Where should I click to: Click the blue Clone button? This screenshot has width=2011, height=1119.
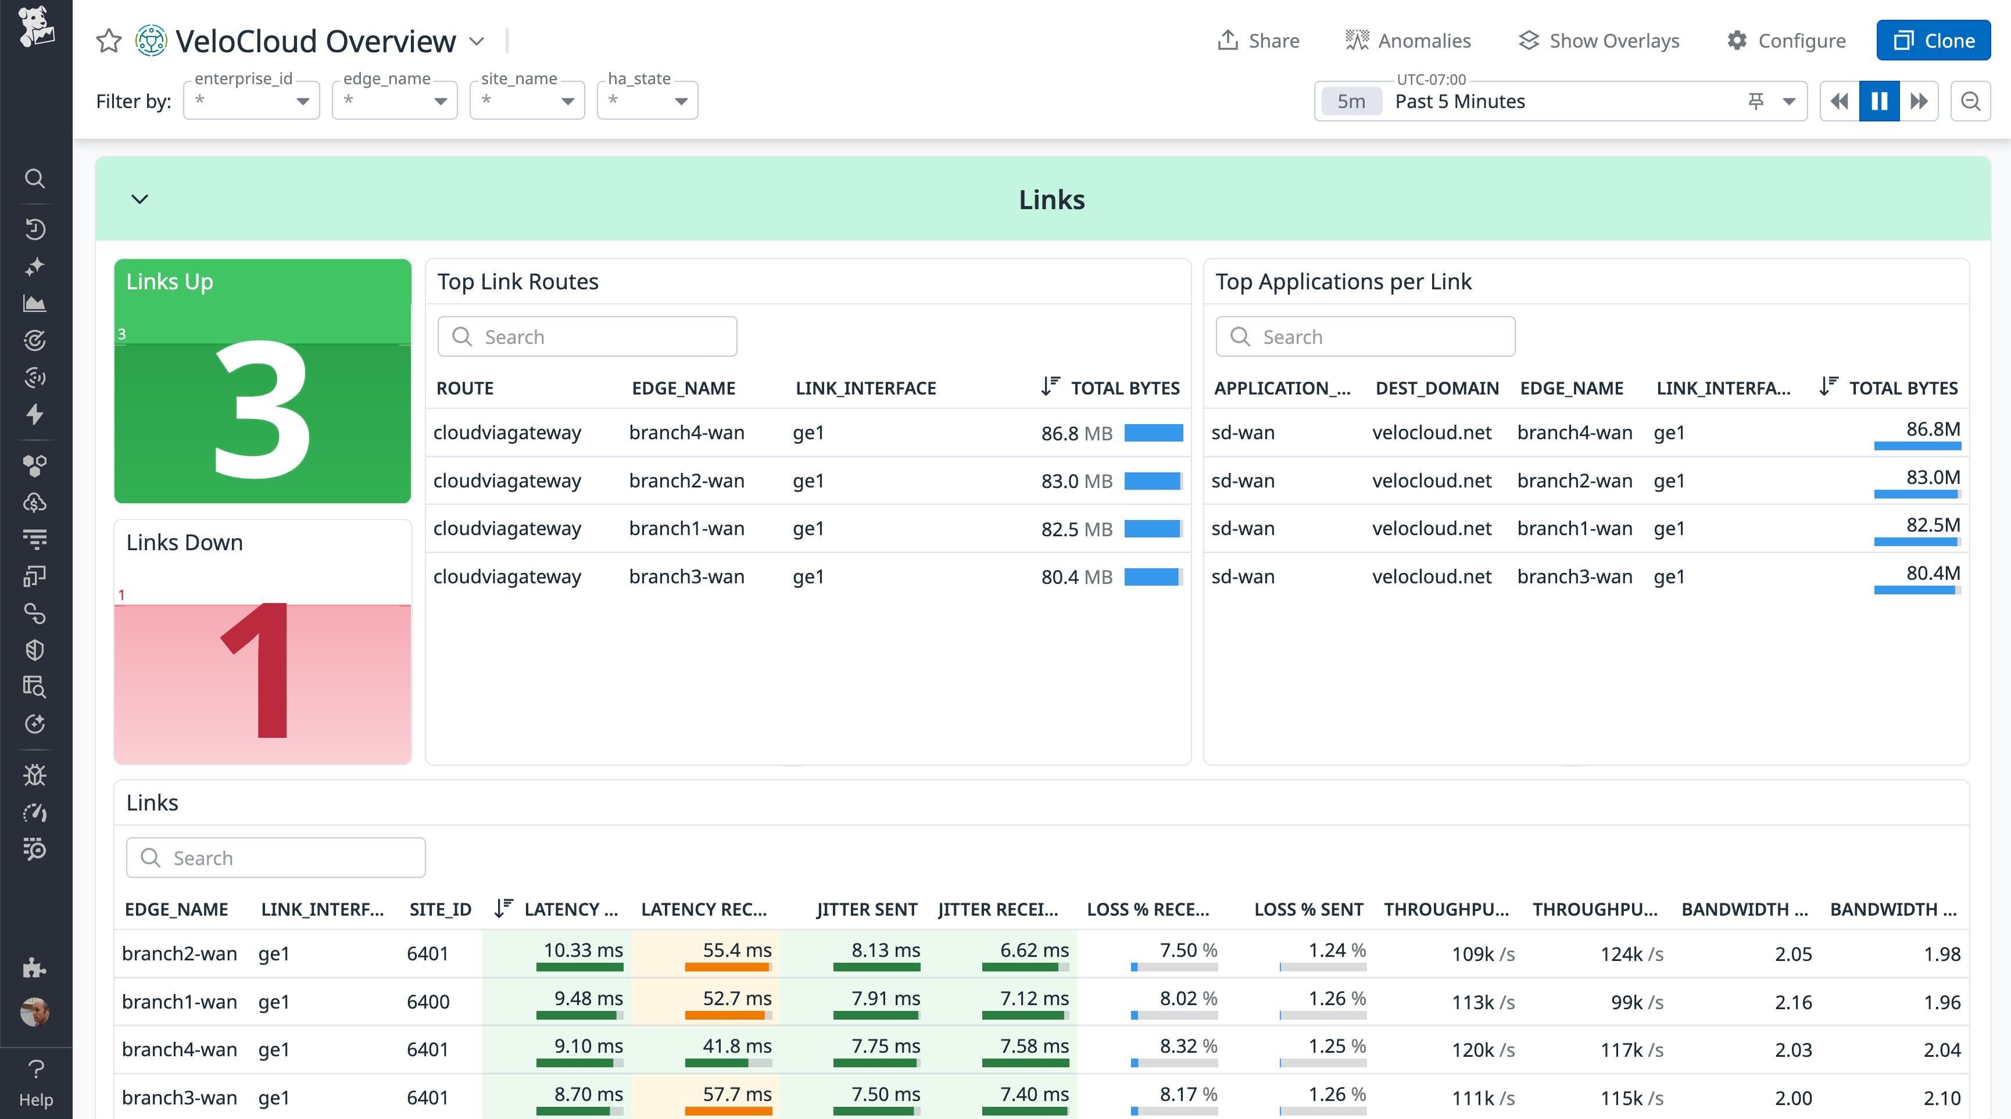pyautogui.click(x=1933, y=41)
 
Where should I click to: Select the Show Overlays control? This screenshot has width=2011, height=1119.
pyautogui.click(x=1599, y=41)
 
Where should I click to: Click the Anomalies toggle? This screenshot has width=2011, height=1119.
pyautogui.click(x=1408, y=41)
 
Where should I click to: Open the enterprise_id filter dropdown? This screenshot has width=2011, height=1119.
pyautogui.click(x=251, y=101)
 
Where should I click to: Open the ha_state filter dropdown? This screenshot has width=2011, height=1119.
pyautogui.click(x=647, y=101)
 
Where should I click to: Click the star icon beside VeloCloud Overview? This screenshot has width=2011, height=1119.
pyautogui.click(x=109, y=41)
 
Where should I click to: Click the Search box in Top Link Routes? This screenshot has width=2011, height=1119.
pyautogui.click(x=587, y=337)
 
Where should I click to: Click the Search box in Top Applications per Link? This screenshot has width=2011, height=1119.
pyautogui.click(x=1365, y=337)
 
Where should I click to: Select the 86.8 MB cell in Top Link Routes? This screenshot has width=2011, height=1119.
pyautogui.click(x=1076, y=433)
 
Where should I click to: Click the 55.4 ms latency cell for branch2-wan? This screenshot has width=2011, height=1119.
pyautogui.click(x=736, y=951)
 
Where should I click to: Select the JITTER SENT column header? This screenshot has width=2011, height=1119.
pyautogui.click(x=867, y=909)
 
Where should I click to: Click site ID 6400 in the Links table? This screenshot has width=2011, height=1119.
pyautogui.click(x=428, y=1002)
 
